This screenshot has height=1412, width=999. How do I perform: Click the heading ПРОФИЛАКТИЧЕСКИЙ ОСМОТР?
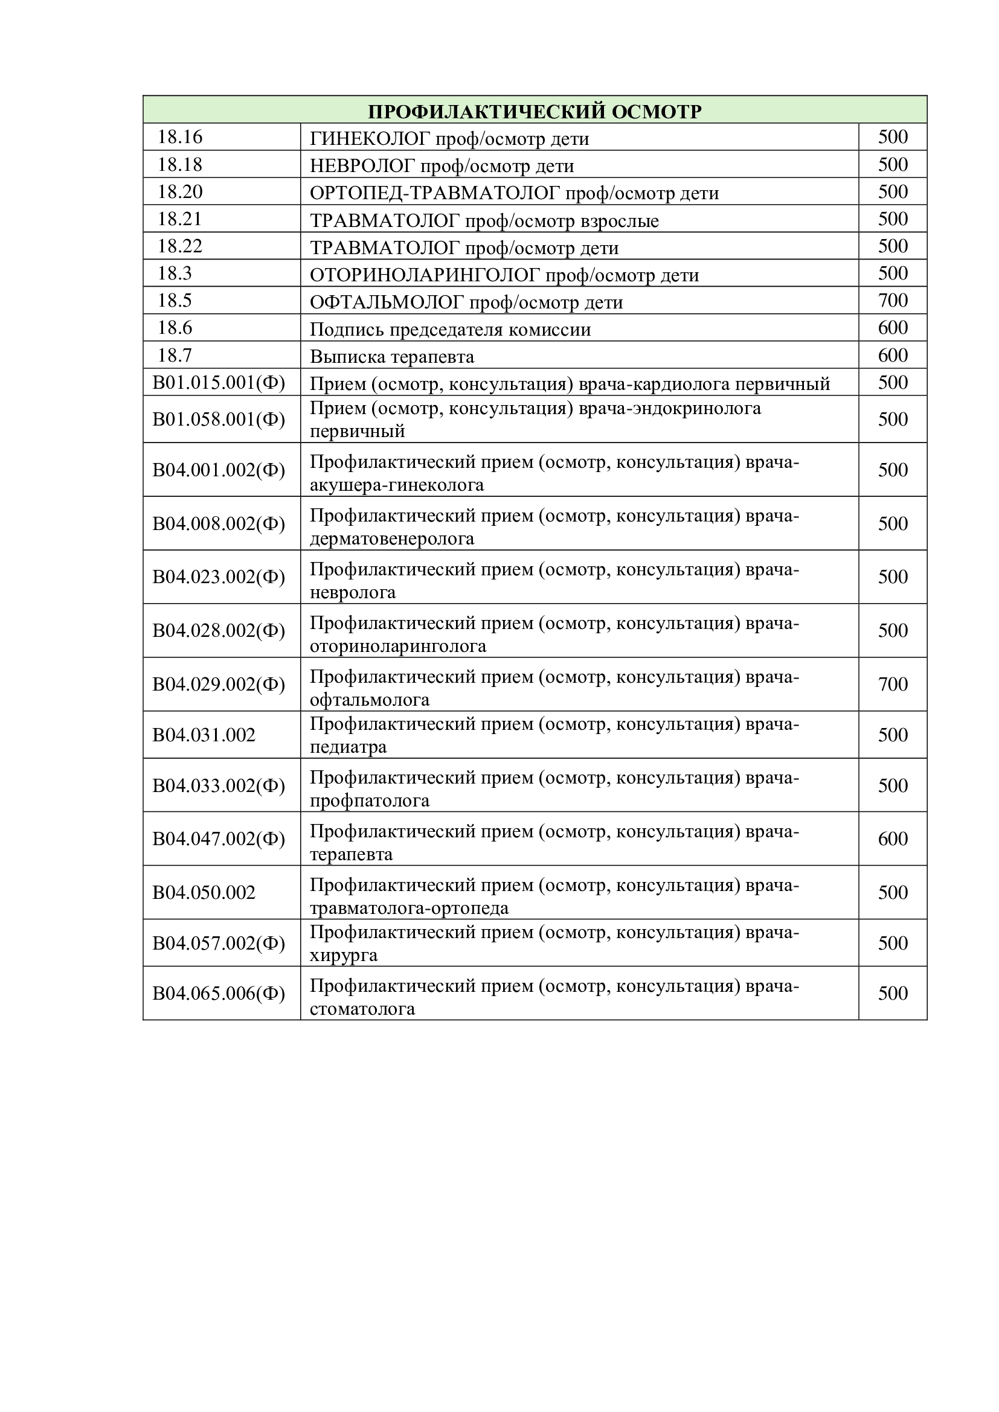[534, 111]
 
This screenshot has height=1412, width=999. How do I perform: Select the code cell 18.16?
[179, 137]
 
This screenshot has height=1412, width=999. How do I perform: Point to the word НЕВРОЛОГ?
[362, 166]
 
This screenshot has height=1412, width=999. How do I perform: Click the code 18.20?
[179, 192]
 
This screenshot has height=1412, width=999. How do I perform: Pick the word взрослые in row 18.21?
[620, 221]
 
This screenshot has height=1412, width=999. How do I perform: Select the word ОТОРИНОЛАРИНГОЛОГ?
[425, 275]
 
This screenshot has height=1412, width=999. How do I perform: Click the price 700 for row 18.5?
[893, 301]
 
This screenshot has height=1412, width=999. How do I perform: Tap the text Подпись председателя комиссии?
[450, 330]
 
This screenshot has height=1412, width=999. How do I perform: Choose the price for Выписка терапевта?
[893, 356]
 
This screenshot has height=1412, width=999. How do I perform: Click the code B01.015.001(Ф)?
[219, 383]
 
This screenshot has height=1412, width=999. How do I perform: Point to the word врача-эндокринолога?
[670, 408]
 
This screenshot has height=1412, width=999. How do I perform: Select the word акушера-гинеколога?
[397, 485]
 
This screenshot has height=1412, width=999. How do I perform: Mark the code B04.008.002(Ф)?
[219, 523]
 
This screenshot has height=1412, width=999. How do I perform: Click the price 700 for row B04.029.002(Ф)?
[893, 684]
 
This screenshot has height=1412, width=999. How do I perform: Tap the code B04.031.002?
[204, 735]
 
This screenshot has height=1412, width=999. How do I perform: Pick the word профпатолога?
[370, 800]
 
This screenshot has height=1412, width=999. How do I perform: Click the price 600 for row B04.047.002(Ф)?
[893, 839]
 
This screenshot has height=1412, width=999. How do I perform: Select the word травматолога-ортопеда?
[409, 909]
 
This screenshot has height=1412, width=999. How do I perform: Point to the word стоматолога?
[362, 1009]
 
